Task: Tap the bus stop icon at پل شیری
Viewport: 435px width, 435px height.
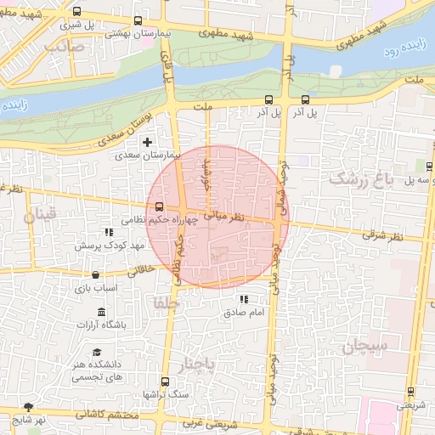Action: point(78,12)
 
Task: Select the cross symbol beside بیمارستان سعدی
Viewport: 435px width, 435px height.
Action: point(149,142)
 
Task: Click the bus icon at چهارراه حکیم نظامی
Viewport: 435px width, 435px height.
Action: point(159,206)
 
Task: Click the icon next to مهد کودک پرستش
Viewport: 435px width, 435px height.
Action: point(108,231)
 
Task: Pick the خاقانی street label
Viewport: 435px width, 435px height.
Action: point(141,271)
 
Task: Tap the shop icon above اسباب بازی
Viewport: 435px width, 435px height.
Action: point(94,275)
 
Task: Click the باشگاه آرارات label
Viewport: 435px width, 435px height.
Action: point(102,325)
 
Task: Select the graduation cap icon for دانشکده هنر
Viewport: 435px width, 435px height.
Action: point(98,352)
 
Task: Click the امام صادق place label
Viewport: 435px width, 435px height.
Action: point(245,313)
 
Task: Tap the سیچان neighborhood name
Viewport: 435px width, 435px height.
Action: point(365,346)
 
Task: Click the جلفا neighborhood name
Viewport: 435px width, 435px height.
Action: point(161,302)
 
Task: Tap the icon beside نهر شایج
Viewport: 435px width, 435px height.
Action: point(29,407)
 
